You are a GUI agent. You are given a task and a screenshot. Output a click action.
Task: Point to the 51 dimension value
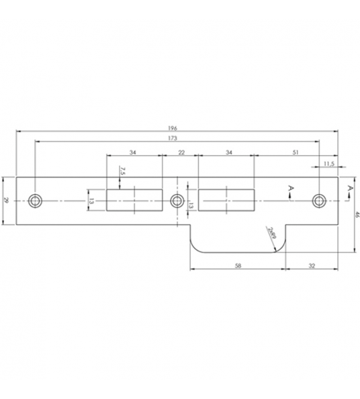point(296,154)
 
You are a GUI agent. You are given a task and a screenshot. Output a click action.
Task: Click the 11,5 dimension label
point(328,163)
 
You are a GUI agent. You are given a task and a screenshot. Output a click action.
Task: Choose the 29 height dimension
point(6,200)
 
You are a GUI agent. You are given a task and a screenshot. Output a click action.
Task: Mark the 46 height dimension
point(357,215)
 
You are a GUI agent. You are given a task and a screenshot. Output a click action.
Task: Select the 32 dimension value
point(311,266)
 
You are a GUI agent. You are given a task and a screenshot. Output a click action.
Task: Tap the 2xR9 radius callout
point(271,233)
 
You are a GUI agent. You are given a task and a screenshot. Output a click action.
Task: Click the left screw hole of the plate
point(35,200)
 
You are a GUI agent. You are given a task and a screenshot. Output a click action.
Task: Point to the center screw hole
point(177,200)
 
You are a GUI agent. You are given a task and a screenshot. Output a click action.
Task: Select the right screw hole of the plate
point(319,200)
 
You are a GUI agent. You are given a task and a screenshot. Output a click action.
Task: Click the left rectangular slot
point(134,200)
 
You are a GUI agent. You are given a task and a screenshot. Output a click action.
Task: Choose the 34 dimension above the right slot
point(229,154)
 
